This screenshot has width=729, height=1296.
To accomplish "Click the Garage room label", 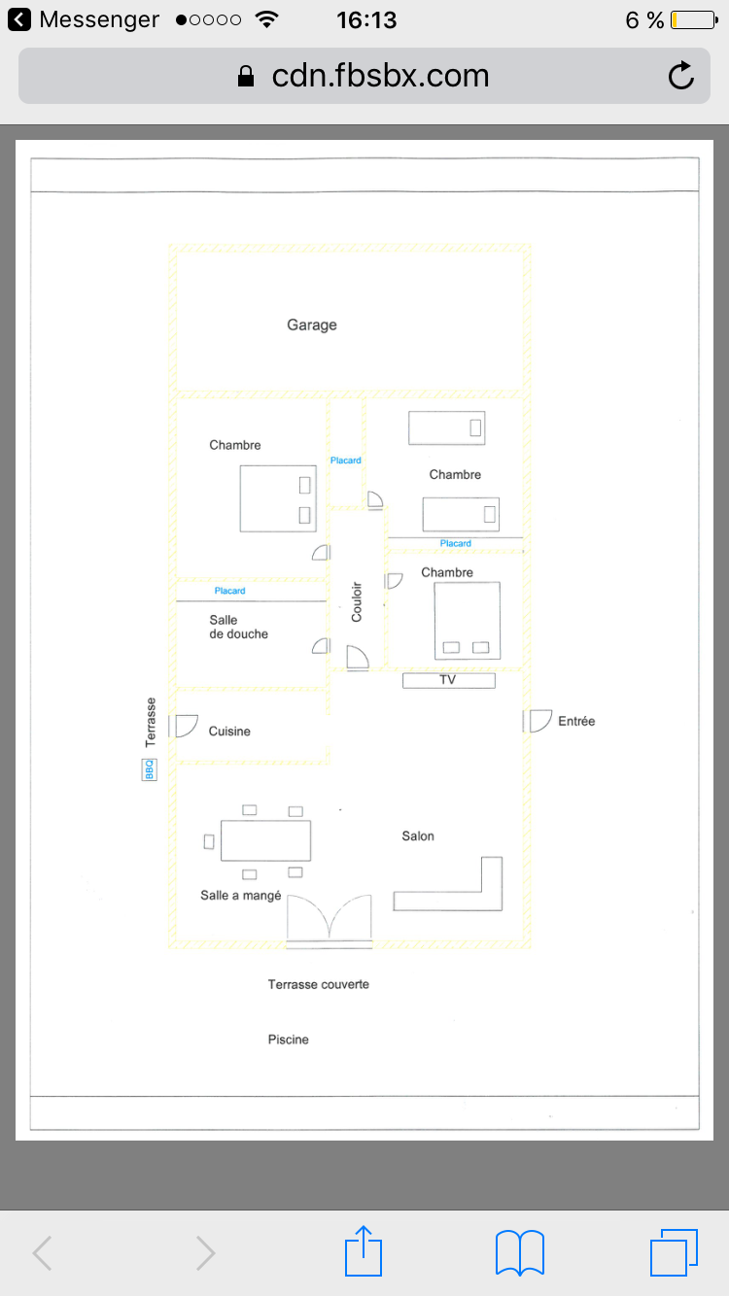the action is point(311,325).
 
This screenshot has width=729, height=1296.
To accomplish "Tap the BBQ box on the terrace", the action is point(150,769).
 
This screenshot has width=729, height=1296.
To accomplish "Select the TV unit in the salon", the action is point(449,680).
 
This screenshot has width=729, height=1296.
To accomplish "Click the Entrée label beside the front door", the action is point(576,721).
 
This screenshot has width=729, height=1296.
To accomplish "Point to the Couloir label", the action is point(357,601).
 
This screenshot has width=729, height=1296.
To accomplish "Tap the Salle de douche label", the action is point(238,628).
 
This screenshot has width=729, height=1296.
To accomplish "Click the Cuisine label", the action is point(229,732).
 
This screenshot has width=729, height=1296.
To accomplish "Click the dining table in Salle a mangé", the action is point(265,840).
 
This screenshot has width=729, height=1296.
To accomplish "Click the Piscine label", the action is point(288,1040).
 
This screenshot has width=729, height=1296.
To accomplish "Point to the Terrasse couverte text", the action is point(318,984).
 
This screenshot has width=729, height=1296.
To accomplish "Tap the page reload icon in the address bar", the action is point(681,75).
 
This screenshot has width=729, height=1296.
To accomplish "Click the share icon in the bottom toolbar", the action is point(364,1251).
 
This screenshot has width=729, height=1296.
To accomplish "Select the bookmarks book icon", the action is point(520,1252).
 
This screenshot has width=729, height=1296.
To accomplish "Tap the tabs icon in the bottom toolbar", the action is point(674,1252).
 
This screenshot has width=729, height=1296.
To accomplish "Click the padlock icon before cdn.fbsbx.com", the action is point(246,76).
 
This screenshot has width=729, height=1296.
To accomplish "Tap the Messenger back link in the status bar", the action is point(84,19).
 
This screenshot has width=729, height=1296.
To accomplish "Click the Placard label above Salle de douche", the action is point(229,591).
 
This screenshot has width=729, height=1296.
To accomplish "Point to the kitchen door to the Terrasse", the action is point(184,726).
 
